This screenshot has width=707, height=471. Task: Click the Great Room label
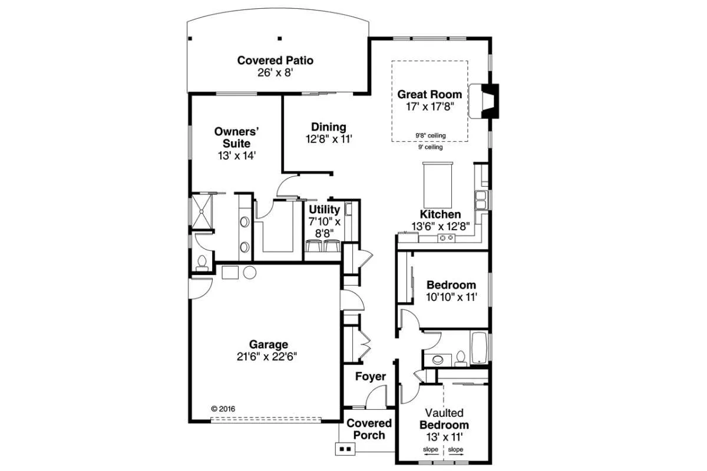[x=430, y=94]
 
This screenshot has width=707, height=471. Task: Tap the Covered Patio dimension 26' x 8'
[x=275, y=73]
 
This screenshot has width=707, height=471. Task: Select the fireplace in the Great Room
[x=484, y=101]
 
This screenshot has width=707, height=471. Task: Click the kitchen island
[x=437, y=184]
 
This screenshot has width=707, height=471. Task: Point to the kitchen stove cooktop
[x=447, y=238]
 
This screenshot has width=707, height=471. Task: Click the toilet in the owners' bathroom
[x=201, y=263]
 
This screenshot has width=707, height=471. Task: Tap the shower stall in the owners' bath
[x=202, y=211]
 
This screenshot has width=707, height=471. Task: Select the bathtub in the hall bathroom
[x=478, y=347]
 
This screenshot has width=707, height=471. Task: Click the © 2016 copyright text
[x=223, y=409]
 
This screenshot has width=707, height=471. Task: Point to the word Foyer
[x=371, y=376]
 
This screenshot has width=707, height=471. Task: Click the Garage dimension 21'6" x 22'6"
[x=267, y=357]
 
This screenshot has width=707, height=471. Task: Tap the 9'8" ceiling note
[x=431, y=135]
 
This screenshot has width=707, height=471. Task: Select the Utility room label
[x=325, y=210]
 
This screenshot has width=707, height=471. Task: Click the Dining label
[x=329, y=127]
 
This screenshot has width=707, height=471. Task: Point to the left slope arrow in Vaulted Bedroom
[x=431, y=455]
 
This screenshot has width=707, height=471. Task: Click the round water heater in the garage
[x=250, y=273]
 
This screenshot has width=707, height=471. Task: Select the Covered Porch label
[x=369, y=429]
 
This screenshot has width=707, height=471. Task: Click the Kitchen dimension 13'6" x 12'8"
[x=441, y=226]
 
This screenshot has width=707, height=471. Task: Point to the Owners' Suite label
[x=237, y=137]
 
